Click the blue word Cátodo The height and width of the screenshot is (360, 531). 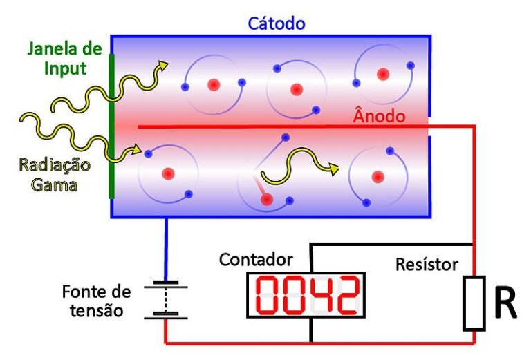pyautogui.click(x=277, y=23)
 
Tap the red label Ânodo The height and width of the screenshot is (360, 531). pyautogui.click(x=379, y=115)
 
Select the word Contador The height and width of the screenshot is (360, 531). pyautogui.click(x=256, y=260)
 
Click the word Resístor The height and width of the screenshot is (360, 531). pyautogui.click(x=427, y=264)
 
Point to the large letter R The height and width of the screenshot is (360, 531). pyautogui.click(x=505, y=303)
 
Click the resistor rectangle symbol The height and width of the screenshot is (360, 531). pyautogui.click(x=474, y=303)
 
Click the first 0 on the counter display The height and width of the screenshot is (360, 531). pyautogui.click(x=268, y=295)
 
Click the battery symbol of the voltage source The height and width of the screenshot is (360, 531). pyautogui.click(x=166, y=300)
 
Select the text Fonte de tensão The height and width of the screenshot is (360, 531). pyautogui.click(x=97, y=301)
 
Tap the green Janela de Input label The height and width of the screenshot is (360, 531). pyautogui.click(x=65, y=59)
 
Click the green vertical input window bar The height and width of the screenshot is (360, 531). pyautogui.click(x=111, y=126)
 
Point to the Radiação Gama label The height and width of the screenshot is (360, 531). pyautogui.click(x=55, y=175)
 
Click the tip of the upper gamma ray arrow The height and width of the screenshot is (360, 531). pyautogui.click(x=168, y=63)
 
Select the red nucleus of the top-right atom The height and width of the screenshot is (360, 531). pyautogui.click(x=383, y=74)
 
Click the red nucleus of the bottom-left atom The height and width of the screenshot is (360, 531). pyautogui.click(x=168, y=174)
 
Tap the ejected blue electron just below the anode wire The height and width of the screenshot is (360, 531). pyautogui.click(x=286, y=138)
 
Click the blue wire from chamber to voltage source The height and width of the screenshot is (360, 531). pyautogui.click(x=166, y=249)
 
